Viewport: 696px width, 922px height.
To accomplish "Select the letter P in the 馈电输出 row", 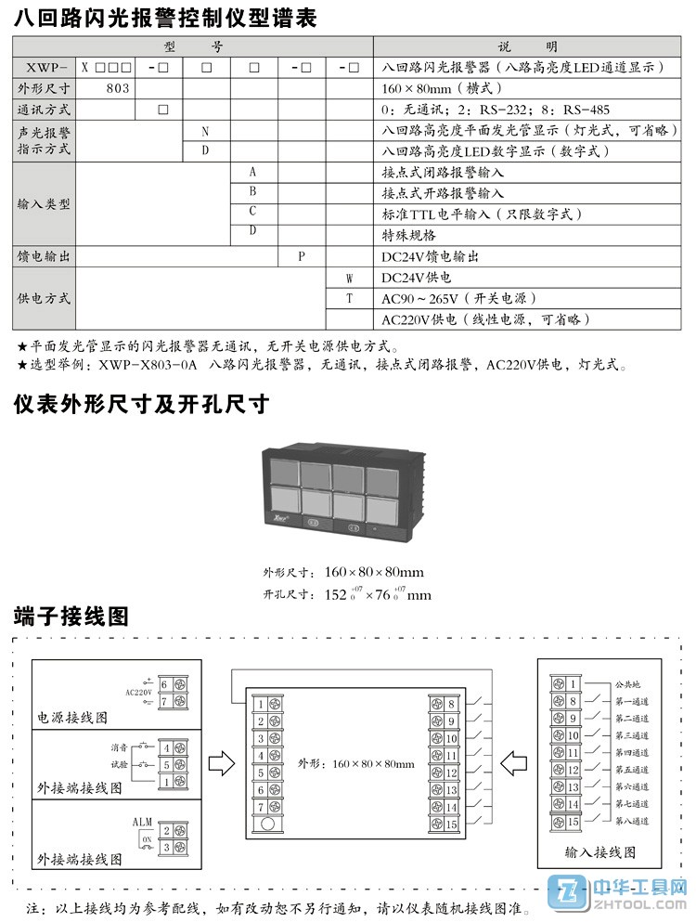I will (x=302, y=256).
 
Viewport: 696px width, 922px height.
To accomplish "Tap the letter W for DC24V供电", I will (x=350, y=278).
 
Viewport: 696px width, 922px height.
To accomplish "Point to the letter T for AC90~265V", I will (x=350, y=298).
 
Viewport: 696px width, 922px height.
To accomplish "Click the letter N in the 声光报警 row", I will (x=205, y=131).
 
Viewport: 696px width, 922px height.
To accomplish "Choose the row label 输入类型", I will (x=44, y=204).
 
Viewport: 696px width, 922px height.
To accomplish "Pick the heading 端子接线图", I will (x=71, y=616).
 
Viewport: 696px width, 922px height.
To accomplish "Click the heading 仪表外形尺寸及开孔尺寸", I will (x=141, y=405).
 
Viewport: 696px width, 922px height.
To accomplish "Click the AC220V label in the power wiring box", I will (x=137, y=692).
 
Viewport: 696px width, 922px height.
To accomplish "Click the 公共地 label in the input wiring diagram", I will (x=627, y=684).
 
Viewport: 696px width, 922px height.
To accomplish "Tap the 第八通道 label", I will (x=631, y=822).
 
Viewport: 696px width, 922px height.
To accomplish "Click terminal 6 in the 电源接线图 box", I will (x=164, y=684).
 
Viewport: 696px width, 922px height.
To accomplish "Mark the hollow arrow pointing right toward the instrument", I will (x=220, y=764).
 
